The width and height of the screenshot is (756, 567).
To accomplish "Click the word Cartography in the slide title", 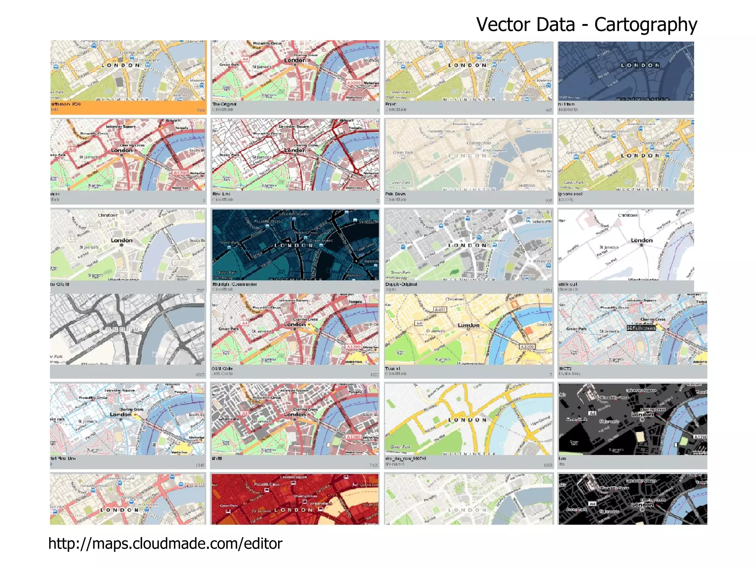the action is click(x=645, y=25).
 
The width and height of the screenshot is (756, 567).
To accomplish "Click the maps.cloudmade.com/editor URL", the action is click(x=165, y=543).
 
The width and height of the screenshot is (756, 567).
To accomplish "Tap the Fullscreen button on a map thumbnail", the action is click(x=641, y=328).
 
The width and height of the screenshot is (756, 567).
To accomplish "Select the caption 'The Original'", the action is click(x=224, y=104).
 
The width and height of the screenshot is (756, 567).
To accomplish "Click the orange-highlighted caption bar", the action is click(x=128, y=107).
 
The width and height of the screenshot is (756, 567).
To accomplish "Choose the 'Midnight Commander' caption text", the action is click(x=234, y=284).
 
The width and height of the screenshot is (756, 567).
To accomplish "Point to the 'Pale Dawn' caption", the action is click(x=395, y=194).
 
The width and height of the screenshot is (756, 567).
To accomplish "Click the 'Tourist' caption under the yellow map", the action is click(x=392, y=369).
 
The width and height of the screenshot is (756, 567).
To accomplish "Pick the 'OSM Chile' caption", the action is click(x=222, y=369).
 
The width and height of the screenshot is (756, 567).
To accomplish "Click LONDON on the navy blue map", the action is click(x=640, y=65).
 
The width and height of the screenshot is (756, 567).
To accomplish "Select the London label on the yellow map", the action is click(x=468, y=325).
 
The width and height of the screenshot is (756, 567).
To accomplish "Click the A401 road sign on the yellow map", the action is click(x=440, y=310).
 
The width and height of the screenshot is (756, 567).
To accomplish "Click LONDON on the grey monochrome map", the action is click(x=120, y=329).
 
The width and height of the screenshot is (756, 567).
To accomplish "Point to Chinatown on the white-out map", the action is click(x=628, y=215).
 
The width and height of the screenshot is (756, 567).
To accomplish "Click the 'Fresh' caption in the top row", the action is click(x=391, y=104).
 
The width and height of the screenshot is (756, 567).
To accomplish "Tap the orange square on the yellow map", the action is click(x=528, y=330).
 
